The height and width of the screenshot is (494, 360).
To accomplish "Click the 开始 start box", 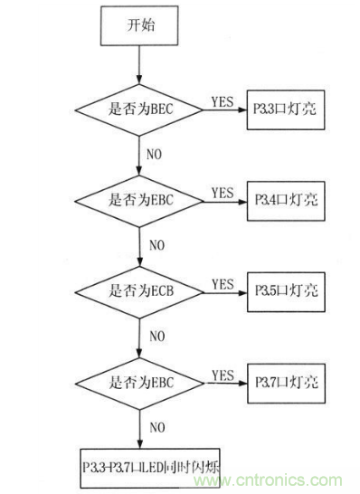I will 139,25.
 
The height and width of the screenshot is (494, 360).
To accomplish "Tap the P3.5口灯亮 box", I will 284,294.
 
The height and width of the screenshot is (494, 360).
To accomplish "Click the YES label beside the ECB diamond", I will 221,283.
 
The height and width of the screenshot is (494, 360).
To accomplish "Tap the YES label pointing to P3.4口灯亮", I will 221,193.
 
